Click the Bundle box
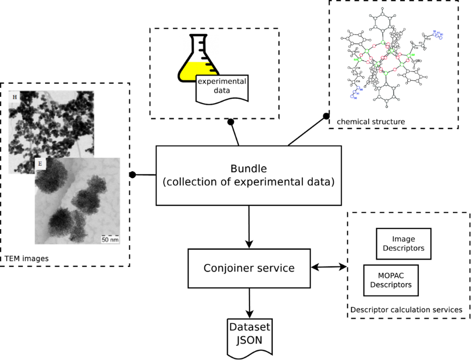pos(248,175)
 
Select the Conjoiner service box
pos(249,268)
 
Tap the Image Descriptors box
pos(403,244)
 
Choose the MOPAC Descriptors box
pos(391,280)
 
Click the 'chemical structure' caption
pos(371,122)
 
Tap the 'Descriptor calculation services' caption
pos(406,309)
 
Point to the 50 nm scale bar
pos(109,239)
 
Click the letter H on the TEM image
pos(14,97)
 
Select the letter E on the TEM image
pos(40,164)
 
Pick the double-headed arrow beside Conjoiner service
pos(329,267)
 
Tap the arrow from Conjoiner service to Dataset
pos(249,303)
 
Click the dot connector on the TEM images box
pos(133,175)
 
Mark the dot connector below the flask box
pos(231,122)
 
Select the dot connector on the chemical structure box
pos(326,116)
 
